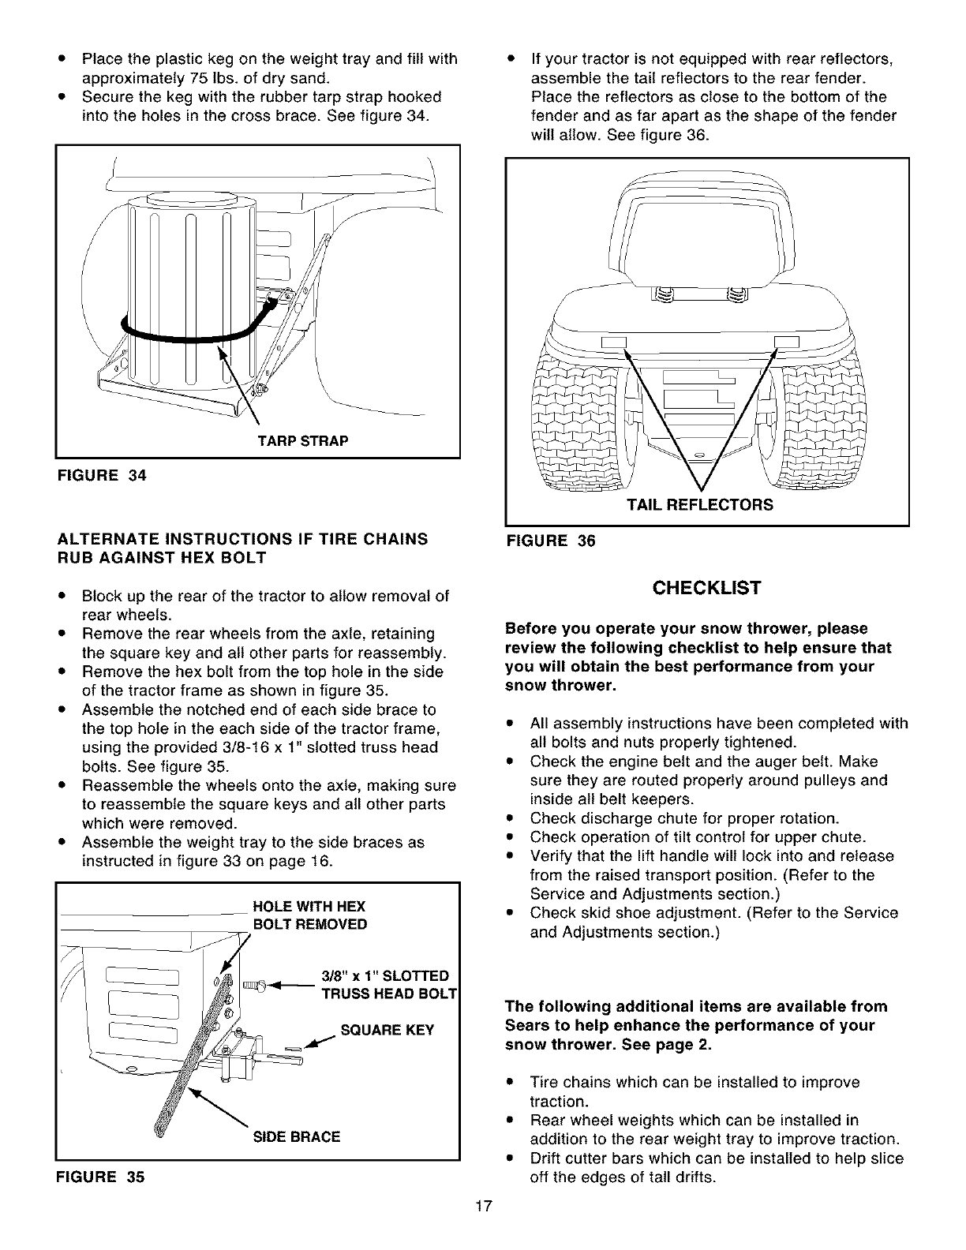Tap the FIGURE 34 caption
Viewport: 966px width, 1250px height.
[x=101, y=475]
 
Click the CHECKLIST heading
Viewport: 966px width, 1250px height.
[x=706, y=588]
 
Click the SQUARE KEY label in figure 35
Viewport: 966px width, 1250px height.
[x=387, y=1031]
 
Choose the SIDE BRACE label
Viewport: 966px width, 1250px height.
[x=296, y=1136]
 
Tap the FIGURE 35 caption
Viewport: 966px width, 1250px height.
[x=100, y=1176]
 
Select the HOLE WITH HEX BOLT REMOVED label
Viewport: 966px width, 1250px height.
[x=309, y=915]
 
